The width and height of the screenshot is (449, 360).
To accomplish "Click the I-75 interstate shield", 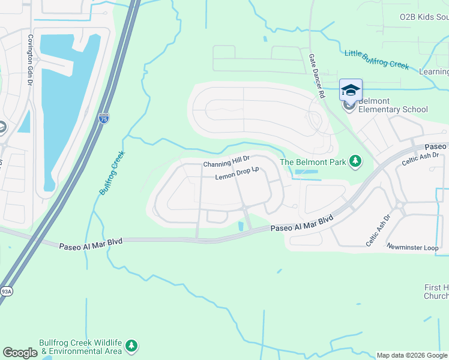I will (104, 118).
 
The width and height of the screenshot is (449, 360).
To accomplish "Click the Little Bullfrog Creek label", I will (376, 59).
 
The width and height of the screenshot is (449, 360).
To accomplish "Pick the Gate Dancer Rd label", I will (316, 75).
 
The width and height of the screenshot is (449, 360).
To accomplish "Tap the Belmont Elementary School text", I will (393, 106).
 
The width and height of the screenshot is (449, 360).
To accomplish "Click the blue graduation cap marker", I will (351, 90).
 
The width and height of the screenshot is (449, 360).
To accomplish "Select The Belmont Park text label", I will (313, 161).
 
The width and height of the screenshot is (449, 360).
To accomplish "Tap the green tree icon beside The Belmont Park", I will (356, 161).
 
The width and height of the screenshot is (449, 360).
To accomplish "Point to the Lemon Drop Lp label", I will (237, 174).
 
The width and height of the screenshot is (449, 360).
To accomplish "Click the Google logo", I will (20, 353).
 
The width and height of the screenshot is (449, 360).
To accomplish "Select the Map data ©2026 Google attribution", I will (412, 355).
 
